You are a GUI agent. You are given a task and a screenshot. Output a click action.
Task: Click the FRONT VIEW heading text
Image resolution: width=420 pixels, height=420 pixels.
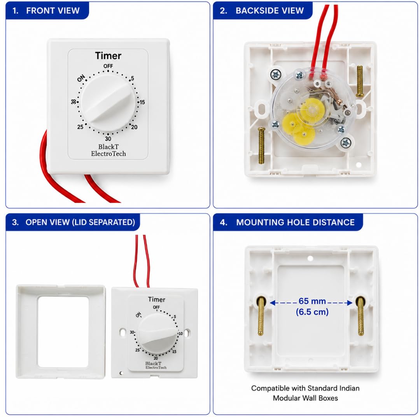pyautogui.click(x=53, y=10)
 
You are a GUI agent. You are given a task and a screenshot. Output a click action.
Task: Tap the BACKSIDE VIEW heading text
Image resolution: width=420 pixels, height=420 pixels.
pyautogui.click(x=269, y=10)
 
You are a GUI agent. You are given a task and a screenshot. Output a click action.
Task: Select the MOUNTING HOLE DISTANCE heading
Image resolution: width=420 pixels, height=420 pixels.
pyautogui.click(x=295, y=222)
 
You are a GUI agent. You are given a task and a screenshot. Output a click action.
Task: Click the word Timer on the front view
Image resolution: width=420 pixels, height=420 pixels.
pyautogui.click(x=108, y=56)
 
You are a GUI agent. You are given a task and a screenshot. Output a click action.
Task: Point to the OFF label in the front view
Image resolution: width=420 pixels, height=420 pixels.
pyautogui.click(x=108, y=66)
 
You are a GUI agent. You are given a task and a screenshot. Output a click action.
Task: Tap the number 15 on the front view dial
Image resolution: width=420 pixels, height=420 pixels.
pyautogui.click(x=142, y=102)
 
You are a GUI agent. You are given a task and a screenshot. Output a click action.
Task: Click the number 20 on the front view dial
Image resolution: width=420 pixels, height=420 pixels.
pyautogui.click(x=134, y=127)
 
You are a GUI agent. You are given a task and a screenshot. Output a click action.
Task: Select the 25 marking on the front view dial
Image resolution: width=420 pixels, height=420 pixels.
pyautogui.click(x=80, y=127)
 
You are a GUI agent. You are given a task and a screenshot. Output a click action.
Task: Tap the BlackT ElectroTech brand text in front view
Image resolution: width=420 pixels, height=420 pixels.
pyautogui.click(x=108, y=150)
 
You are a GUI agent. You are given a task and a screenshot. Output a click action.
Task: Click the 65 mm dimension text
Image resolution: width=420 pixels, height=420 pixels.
pyautogui.click(x=312, y=301)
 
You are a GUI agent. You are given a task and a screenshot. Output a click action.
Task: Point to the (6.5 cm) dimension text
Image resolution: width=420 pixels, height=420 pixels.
pyautogui.click(x=312, y=312)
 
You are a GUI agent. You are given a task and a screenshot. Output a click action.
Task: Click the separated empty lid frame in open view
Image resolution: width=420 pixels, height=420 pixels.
pyautogui.click(x=27, y=332)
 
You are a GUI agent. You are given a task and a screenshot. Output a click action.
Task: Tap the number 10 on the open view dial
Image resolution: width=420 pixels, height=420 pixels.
pyautogui.click(x=180, y=334)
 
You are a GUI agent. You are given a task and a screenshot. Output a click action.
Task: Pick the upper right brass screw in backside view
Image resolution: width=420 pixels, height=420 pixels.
pyautogui.click(x=359, y=81)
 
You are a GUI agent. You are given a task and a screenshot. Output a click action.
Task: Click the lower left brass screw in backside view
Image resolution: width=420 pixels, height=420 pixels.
pyautogui.click(x=261, y=145)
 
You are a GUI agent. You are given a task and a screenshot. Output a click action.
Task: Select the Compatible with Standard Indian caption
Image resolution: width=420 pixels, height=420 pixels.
pyautogui.click(x=305, y=388)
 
